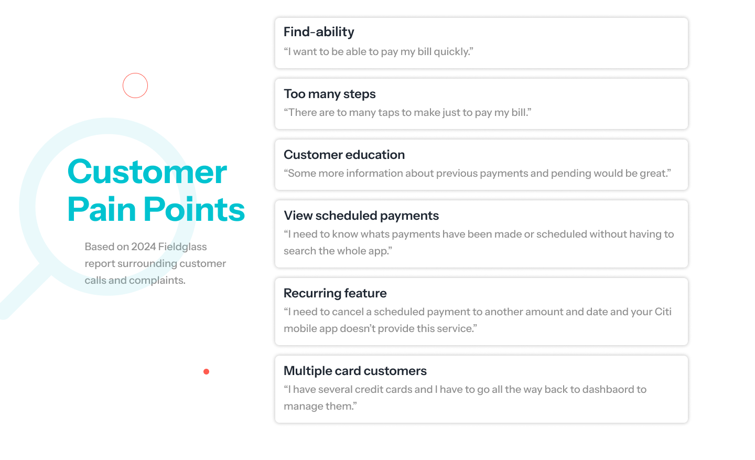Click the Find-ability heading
click(319, 32)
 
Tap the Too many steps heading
click(329, 94)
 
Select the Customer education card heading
click(344, 155)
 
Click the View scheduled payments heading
click(361, 216)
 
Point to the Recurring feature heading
click(335, 293)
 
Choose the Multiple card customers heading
click(355, 371)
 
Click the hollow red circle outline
click(135, 73)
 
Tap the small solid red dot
click(206, 372)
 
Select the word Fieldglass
click(182, 247)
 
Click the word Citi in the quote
click(663, 312)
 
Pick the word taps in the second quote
click(389, 113)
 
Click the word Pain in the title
click(102, 209)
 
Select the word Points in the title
click(195, 209)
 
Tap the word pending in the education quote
click(571, 174)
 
